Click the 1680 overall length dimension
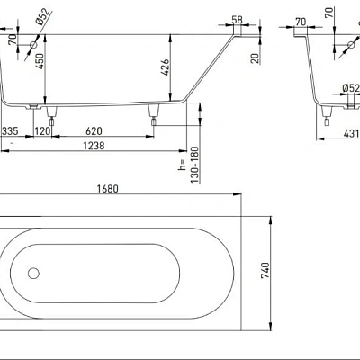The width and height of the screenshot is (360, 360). point(108,189)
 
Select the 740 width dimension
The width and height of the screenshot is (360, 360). point(265,270)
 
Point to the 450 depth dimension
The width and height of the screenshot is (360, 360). point(40,62)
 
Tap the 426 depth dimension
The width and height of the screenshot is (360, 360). point(165,67)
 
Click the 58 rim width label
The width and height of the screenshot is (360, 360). point(237,20)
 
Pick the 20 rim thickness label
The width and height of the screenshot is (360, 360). point(255,58)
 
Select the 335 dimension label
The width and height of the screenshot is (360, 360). point(10,131)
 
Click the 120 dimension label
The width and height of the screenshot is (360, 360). point(43,131)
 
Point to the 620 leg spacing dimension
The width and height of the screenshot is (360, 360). point(94,131)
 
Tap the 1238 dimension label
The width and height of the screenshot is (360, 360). point(94,146)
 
